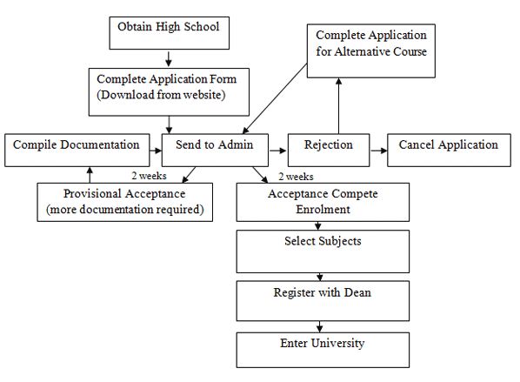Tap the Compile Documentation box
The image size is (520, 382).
tap(77, 150)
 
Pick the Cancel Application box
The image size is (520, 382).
tap(448, 150)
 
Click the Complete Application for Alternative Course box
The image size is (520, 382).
tap(371, 49)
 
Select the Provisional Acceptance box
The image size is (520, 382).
tap(125, 201)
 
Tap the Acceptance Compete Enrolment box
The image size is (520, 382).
tap(323, 203)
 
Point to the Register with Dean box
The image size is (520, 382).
tap(323, 301)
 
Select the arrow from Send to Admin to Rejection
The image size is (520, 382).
tap(277, 151)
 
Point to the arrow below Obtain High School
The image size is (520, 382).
tap(168, 59)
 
